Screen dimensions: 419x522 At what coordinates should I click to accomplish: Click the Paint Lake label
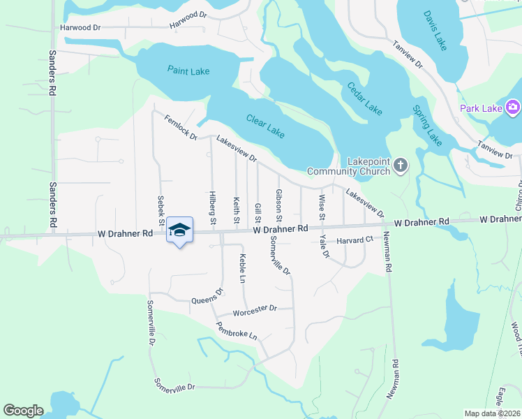pyautogui.click(x=188, y=71)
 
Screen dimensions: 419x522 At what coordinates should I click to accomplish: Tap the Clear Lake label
pyautogui.click(x=265, y=126)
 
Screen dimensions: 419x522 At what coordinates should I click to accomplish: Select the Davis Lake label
pyautogui.click(x=435, y=31)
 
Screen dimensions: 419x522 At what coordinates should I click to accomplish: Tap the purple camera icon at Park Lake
pyautogui.click(x=513, y=108)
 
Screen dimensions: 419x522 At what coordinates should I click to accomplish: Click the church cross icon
pyautogui.click(x=400, y=166)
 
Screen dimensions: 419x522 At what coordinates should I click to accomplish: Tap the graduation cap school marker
pyautogui.click(x=179, y=230)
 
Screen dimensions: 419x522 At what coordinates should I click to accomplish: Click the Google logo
pyautogui.click(x=22, y=411)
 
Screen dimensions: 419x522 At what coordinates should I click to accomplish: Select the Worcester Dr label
pyautogui.click(x=255, y=309)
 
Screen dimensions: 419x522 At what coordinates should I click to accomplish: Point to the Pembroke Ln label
pyautogui.click(x=237, y=330)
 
